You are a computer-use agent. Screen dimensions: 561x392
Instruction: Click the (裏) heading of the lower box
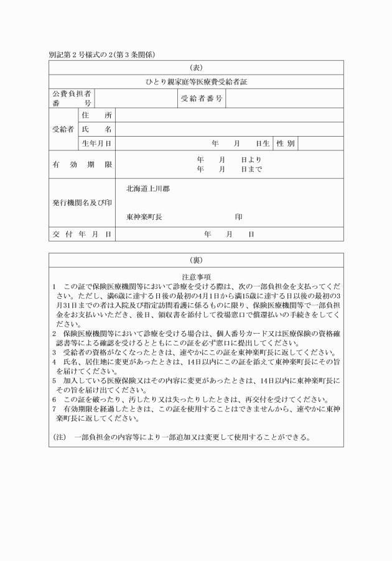196,260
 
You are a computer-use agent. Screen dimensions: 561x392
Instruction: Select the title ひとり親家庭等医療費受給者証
196,81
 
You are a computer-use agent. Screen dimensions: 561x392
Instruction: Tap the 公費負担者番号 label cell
72,98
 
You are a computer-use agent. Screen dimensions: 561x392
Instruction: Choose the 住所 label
96,115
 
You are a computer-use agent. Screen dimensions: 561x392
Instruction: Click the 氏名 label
96,129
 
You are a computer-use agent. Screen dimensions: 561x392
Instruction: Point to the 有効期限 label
82,165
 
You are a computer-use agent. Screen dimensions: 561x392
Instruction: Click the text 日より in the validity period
251,160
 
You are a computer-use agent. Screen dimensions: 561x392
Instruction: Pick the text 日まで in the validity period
251,169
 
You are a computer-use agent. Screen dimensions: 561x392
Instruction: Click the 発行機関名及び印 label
82,203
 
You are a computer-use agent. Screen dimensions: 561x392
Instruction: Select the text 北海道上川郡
147,188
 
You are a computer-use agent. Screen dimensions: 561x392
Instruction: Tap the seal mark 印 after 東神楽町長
238,217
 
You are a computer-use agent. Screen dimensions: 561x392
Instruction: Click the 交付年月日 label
82,234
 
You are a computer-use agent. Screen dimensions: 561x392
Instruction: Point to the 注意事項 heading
196,275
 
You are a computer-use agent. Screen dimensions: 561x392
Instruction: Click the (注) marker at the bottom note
60,437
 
